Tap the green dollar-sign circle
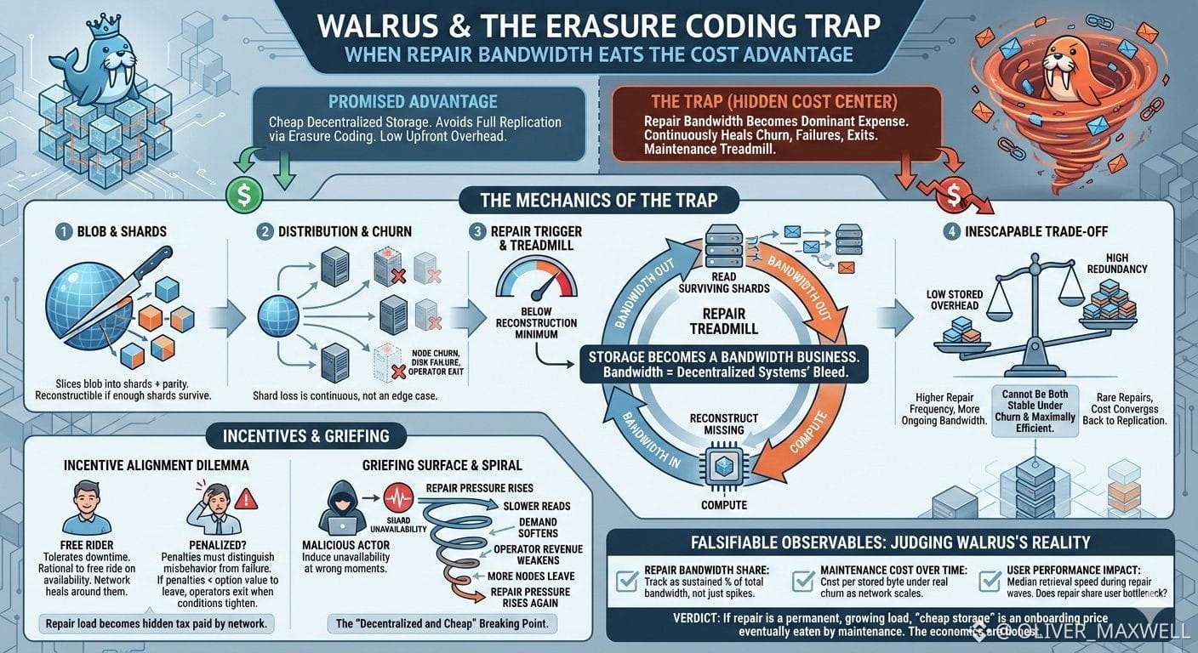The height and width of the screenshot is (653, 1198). click(x=243, y=193)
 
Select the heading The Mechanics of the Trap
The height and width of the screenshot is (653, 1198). click(x=598, y=201)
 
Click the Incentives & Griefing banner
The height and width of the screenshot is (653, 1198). click(x=305, y=435)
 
